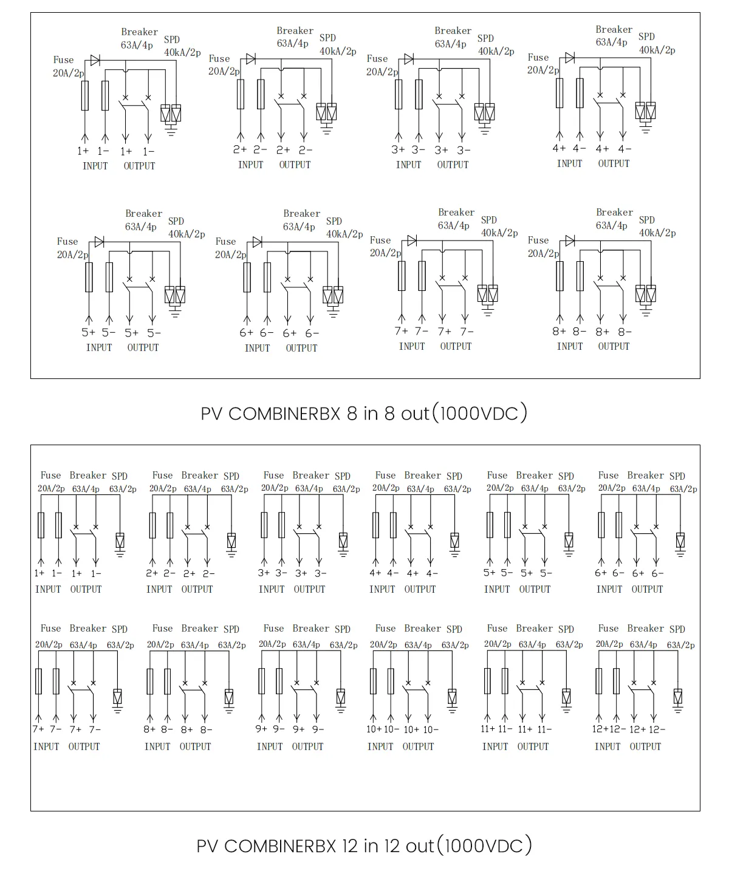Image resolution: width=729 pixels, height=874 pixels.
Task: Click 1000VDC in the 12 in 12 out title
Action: click(x=484, y=845)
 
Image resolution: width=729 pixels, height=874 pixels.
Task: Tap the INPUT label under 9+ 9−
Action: click(x=270, y=746)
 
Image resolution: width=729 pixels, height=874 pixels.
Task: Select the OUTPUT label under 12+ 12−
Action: click(x=645, y=746)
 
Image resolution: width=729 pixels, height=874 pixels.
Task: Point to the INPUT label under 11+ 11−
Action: click(x=495, y=746)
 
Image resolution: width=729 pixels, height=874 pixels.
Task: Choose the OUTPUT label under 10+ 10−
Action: click(x=418, y=746)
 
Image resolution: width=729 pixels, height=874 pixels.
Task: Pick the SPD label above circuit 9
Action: click(x=343, y=629)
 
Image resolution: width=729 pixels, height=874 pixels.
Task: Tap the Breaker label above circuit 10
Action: click(x=422, y=628)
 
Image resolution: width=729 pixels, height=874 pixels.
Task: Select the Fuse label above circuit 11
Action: click(x=497, y=628)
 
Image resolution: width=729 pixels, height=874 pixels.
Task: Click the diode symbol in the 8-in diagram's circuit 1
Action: click(x=95, y=60)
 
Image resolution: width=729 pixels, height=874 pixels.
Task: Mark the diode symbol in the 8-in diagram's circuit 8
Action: click(x=570, y=241)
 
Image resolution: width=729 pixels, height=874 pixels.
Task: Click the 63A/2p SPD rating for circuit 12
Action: click(x=680, y=645)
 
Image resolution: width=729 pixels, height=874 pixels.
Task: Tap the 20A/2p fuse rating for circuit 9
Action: click(x=272, y=644)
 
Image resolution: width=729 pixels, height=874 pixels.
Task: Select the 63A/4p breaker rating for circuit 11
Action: click(x=532, y=644)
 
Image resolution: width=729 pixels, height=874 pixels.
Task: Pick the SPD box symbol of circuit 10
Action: click(x=452, y=696)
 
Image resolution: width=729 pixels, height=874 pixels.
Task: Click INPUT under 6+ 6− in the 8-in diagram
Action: click(x=257, y=348)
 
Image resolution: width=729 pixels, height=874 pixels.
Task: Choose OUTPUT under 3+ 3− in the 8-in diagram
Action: click(x=453, y=165)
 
